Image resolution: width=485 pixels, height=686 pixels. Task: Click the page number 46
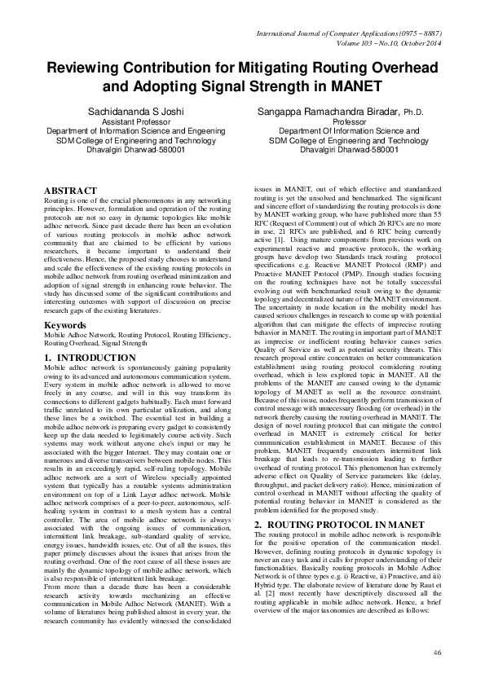[x=436, y=652]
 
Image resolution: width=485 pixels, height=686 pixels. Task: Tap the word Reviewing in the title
[x=88, y=71]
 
